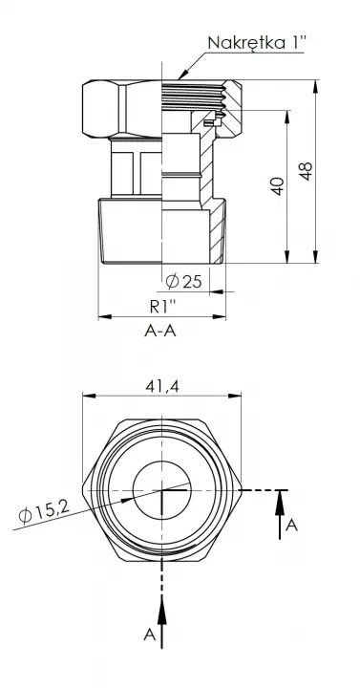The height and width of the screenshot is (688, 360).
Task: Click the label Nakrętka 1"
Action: [x=257, y=43]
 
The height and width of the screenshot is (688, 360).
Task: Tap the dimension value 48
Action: [x=306, y=171]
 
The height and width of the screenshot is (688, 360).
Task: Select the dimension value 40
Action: [x=277, y=186]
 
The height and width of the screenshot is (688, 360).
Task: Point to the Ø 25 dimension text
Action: [x=183, y=281]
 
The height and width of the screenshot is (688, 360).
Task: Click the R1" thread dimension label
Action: [x=162, y=307]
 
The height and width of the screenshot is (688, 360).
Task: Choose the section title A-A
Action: [x=160, y=331]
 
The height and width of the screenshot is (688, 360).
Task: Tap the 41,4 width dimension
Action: [x=161, y=386]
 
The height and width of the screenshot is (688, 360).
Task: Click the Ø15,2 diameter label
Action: [x=44, y=512]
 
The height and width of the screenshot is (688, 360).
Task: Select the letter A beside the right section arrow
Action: [x=291, y=526]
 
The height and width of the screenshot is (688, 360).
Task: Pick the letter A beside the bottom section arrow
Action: [x=150, y=634]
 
